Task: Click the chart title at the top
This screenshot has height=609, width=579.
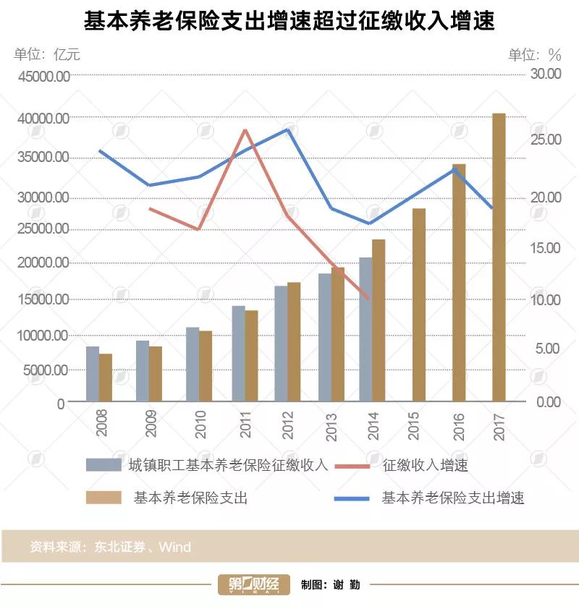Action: [289, 21]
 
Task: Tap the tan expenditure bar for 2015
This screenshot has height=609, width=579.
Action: [418, 304]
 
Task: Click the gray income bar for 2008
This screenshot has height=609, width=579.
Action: [93, 374]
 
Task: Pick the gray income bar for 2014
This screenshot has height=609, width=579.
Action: [365, 329]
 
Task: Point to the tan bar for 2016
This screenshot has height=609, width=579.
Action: [459, 282]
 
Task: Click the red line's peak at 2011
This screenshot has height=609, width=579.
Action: [245, 130]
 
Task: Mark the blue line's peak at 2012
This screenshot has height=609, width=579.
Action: [288, 129]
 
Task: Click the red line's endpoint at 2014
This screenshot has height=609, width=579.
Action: [369, 298]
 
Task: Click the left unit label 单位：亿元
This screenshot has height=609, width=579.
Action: [47, 54]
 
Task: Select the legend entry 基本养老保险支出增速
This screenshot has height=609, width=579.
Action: [452, 498]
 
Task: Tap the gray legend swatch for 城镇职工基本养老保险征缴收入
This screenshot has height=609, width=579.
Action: [103, 465]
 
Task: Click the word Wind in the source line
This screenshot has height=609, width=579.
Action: [175, 546]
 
